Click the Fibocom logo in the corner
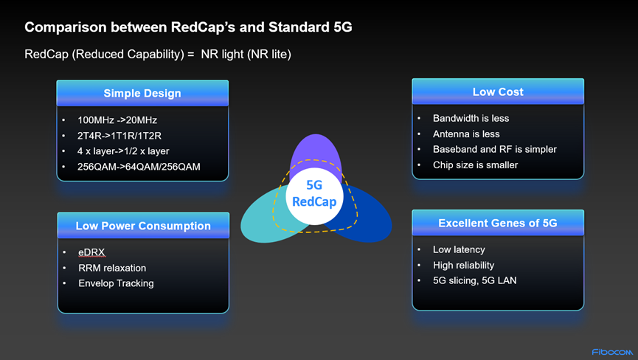(x=612, y=352)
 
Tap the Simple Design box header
(x=142, y=93)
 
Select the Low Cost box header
(x=498, y=91)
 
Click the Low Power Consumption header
(x=143, y=225)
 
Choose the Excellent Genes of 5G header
(x=498, y=223)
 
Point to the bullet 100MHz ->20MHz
(x=117, y=120)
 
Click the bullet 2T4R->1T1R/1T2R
(x=119, y=136)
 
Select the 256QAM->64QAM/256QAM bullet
(x=139, y=167)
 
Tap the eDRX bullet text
(x=91, y=252)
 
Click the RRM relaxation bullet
(x=112, y=268)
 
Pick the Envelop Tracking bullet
(x=116, y=283)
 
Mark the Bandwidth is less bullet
(x=471, y=118)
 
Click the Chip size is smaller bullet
(x=475, y=165)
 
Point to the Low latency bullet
(x=459, y=249)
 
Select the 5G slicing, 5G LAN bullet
(x=475, y=280)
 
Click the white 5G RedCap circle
(x=314, y=196)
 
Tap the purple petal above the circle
(x=316, y=150)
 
